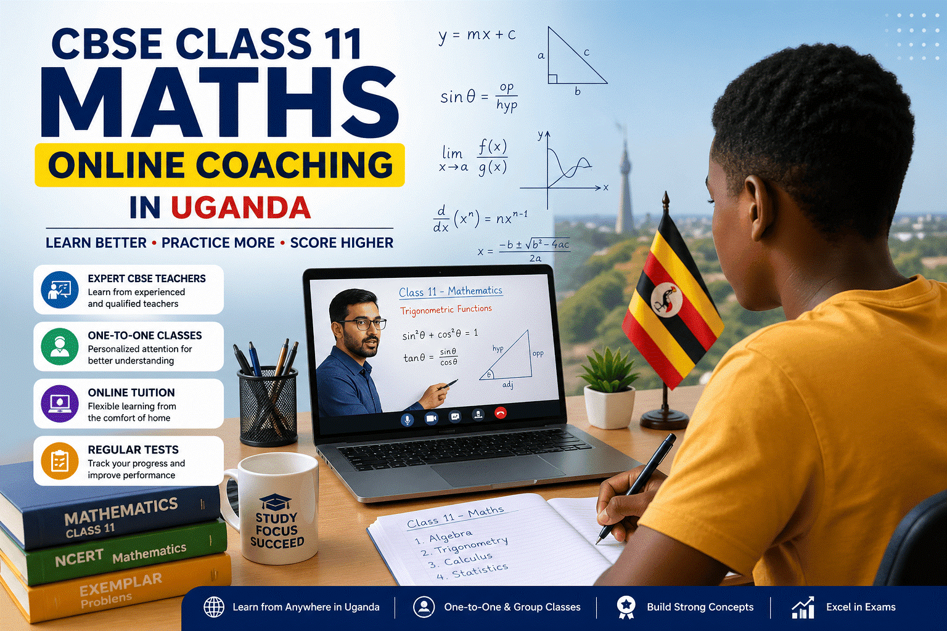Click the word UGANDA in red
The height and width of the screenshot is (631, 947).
click(240, 208)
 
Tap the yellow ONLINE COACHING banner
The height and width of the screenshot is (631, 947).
click(219, 165)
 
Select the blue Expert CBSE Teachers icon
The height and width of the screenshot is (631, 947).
click(59, 290)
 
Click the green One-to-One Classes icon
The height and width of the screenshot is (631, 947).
click(59, 346)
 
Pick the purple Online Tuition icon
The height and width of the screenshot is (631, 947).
click(59, 404)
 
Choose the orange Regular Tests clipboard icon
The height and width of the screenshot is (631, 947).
click(59, 461)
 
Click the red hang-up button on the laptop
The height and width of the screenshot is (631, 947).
click(500, 413)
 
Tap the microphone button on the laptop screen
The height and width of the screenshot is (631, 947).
click(407, 419)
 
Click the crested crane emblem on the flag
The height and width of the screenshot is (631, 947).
click(666, 298)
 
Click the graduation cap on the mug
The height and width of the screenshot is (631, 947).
click(275, 502)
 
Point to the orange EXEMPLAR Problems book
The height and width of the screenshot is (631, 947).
click(117, 588)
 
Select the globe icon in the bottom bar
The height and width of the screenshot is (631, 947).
click(214, 607)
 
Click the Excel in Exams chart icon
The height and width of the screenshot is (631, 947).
click(803, 608)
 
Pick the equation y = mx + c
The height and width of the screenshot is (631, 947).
click(477, 35)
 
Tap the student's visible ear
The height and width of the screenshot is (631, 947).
click(760, 206)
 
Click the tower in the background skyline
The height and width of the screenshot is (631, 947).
click(625, 185)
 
